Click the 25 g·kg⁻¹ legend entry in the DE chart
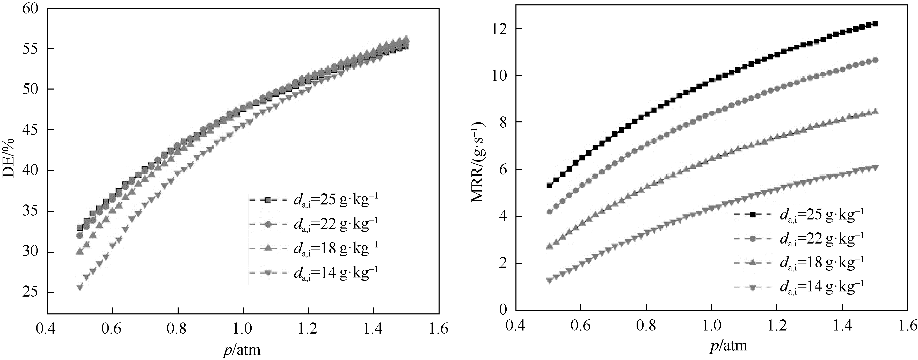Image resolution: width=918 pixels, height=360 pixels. click(335, 200)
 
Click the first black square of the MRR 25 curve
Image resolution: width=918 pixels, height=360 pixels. click(550, 185)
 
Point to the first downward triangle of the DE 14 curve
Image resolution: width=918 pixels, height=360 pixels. click(80, 287)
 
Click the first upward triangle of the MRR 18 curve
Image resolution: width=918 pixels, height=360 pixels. click(550, 246)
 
